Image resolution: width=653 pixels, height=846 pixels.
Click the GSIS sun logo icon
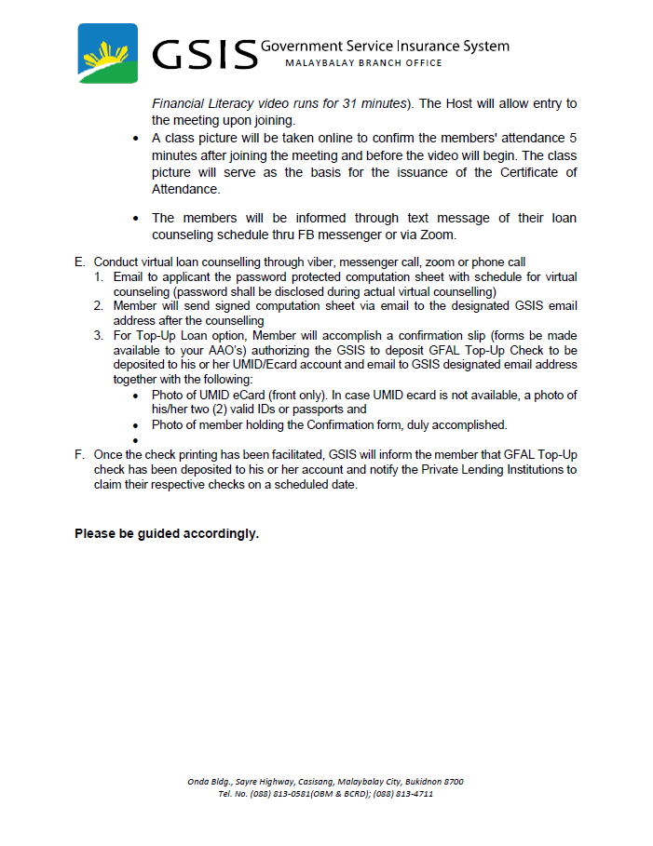pyautogui.click(x=107, y=55)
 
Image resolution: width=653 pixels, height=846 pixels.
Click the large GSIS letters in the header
pyautogui.click(x=204, y=55)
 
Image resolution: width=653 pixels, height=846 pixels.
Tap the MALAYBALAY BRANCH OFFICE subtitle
pyautogui.click(x=363, y=63)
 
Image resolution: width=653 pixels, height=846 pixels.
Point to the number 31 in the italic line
pyautogui.click(x=361, y=102)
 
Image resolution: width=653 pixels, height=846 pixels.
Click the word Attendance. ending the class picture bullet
pyautogui.click(x=186, y=188)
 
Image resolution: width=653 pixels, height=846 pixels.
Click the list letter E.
pyautogui.click(x=79, y=262)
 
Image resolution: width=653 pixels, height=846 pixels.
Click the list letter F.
pyautogui.click(x=79, y=455)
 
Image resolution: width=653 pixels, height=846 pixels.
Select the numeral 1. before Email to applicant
pyautogui.click(x=98, y=277)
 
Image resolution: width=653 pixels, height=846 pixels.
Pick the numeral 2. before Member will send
pyautogui.click(x=98, y=305)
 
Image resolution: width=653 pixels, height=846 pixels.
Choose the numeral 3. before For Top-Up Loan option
pyautogui.click(x=98, y=335)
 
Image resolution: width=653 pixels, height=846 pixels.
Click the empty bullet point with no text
pyautogui.click(x=136, y=440)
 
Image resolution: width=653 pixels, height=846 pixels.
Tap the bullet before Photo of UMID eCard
pyautogui.click(x=136, y=395)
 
